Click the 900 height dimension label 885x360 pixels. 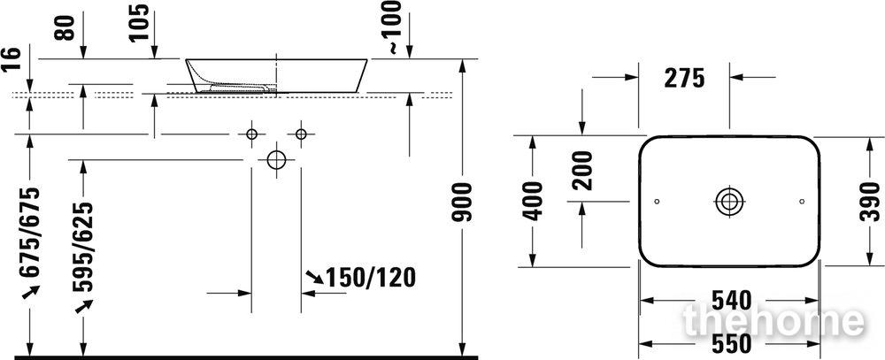tap(463, 202)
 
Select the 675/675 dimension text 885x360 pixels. tap(30, 232)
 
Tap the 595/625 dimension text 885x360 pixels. tap(83, 247)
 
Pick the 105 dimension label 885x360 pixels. tap(139, 22)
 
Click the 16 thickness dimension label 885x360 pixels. tap(12, 58)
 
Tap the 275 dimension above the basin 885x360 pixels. tap(684, 78)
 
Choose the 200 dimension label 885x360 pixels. tap(582, 171)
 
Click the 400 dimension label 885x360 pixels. tap(533, 201)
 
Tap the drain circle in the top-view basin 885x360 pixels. tap(729, 202)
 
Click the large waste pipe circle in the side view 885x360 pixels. tap(276, 160)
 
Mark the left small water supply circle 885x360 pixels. tap(251, 134)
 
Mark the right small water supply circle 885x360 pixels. tap(301, 134)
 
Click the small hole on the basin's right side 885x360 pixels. tap(802, 202)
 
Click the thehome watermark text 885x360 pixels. tap(773, 320)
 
